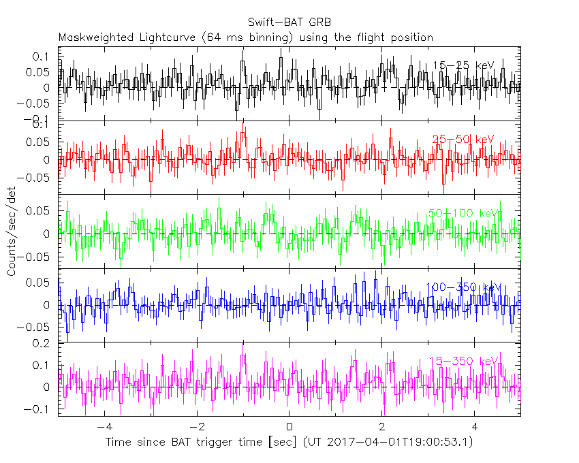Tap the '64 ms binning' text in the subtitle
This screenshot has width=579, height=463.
pyautogui.click(x=251, y=37)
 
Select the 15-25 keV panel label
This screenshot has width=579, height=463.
pyautogui.click(x=463, y=65)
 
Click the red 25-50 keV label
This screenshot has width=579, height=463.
pyautogui.click(x=463, y=139)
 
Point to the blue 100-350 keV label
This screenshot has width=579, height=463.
pyautogui.click(x=463, y=287)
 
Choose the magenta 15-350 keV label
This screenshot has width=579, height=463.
pyautogui.click(x=463, y=361)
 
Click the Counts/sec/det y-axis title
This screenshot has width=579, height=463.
pyautogui.click(x=12, y=231)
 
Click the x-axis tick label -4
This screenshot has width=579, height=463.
pyautogui.click(x=104, y=428)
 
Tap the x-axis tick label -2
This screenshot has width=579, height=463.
pyautogui.click(x=196, y=428)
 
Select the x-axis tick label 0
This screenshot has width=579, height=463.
pyautogui.click(x=289, y=428)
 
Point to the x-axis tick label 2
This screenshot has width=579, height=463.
pyautogui.click(x=382, y=428)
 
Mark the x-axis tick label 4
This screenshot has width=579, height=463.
pyautogui.click(x=475, y=428)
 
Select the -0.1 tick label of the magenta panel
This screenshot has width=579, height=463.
pyautogui.click(x=39, y=409)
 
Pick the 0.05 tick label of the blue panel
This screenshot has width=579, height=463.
pyautogui.click(x=39, y=282)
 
